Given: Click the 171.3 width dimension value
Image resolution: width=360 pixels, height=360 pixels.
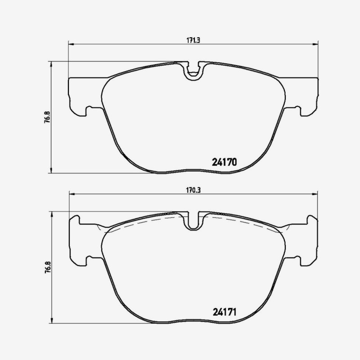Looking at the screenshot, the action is [x=193, y=40].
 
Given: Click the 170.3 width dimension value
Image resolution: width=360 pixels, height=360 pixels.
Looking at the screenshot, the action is [x=193, y=190].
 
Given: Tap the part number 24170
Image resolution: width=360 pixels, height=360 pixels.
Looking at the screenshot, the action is [x=224, y=162].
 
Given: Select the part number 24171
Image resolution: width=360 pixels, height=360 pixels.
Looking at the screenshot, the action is [x=225, y=312].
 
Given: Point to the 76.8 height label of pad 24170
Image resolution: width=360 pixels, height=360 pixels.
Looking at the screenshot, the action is [x=47, y=117].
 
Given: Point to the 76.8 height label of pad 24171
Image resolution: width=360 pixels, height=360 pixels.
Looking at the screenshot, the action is [x=48, y=267].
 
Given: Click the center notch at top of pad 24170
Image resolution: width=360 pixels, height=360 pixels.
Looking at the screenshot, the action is [x=193, y=71].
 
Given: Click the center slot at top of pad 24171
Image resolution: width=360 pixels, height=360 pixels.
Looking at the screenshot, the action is [x=193, y=221].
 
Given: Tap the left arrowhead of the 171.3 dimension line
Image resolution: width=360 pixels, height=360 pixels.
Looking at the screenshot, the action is [x=71, y=44].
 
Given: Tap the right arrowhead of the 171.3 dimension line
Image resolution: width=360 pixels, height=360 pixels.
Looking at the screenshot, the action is [x=316, y=44].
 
